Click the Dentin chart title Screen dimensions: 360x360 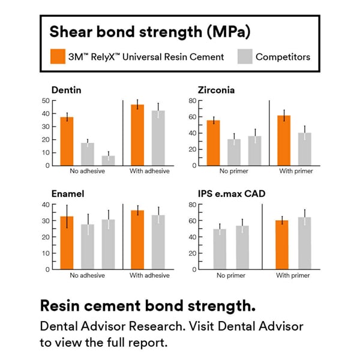tap(67, 91)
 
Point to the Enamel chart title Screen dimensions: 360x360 tap(68, 194)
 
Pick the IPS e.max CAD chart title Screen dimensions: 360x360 tap(232, 194)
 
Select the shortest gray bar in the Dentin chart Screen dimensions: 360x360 tap(108, 160)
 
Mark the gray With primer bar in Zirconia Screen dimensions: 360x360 tap(305, 149)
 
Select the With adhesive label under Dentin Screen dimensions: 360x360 tap(149, 171)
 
